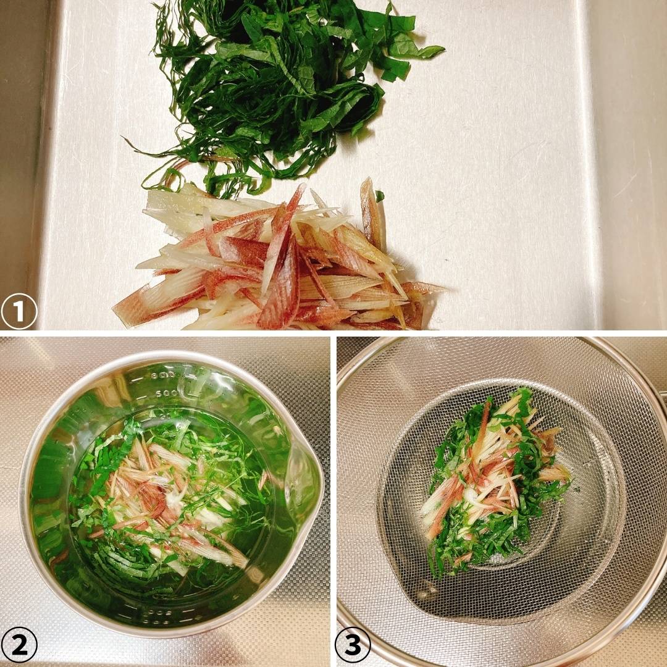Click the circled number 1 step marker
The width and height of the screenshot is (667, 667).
(19, 311)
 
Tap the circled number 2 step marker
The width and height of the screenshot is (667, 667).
(19, 645)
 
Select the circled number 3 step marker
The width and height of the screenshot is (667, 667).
(353, 645)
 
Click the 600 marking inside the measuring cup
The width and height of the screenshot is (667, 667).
(163, 375)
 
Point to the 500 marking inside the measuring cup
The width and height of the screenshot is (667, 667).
(166, 393)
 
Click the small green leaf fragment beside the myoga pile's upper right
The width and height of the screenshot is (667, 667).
(379, 196)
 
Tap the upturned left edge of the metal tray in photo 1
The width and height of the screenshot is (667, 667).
(47, 162)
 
